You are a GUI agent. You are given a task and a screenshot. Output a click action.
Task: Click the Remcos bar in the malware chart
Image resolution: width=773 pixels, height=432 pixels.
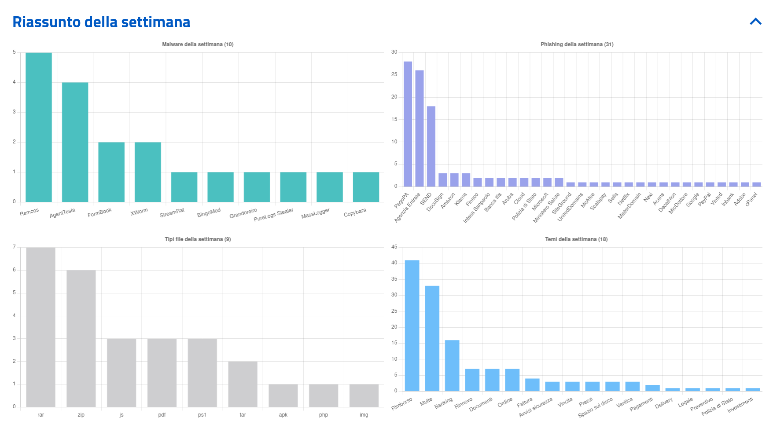coord(39,127)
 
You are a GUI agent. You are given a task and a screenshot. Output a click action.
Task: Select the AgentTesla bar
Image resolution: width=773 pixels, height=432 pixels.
coord(75,142)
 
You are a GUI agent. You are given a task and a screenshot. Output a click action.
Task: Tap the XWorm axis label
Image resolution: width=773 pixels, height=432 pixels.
coord(139,212)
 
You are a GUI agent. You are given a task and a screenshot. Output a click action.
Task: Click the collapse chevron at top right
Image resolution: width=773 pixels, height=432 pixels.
coord(755,22)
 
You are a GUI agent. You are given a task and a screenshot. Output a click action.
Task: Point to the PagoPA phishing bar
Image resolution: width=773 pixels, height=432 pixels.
coord(408,124)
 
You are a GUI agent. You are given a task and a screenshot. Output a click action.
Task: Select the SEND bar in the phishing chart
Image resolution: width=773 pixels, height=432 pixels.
coord(431,146)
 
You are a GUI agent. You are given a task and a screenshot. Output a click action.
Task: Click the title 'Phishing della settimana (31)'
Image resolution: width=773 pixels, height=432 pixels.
coord(577,44)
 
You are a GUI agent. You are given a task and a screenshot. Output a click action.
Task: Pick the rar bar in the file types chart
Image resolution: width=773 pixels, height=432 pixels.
coord(40,327)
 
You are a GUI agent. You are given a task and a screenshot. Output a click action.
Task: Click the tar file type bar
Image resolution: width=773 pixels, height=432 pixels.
coord(243,384)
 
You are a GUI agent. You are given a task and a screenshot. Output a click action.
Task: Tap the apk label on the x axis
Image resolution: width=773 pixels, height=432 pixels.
coord(283,415)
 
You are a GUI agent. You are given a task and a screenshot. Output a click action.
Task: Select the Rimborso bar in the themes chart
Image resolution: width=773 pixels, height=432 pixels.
coord(412,326)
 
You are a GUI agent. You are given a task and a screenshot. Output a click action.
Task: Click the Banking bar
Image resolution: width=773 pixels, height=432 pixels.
coord(452,366)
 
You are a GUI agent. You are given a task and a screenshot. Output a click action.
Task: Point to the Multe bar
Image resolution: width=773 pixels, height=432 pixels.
coord(432,338)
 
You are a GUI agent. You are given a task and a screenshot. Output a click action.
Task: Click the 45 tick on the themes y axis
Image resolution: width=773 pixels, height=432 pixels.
coord(394,247)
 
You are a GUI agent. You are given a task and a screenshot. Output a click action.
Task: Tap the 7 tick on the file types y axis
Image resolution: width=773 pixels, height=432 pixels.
coord(14,247)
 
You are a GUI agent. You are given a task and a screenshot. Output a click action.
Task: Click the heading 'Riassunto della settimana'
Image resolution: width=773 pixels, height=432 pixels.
coord(101,22)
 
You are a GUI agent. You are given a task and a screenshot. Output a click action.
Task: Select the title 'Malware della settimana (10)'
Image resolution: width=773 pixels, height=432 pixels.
coord(198,44)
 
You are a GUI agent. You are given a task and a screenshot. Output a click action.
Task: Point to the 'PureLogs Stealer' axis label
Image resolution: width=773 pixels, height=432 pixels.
coord(273,215)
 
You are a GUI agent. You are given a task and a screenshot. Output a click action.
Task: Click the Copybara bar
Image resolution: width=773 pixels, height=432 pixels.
coord(366,187)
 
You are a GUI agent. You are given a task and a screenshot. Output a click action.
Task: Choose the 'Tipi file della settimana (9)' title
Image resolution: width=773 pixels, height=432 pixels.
coord(198,239)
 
